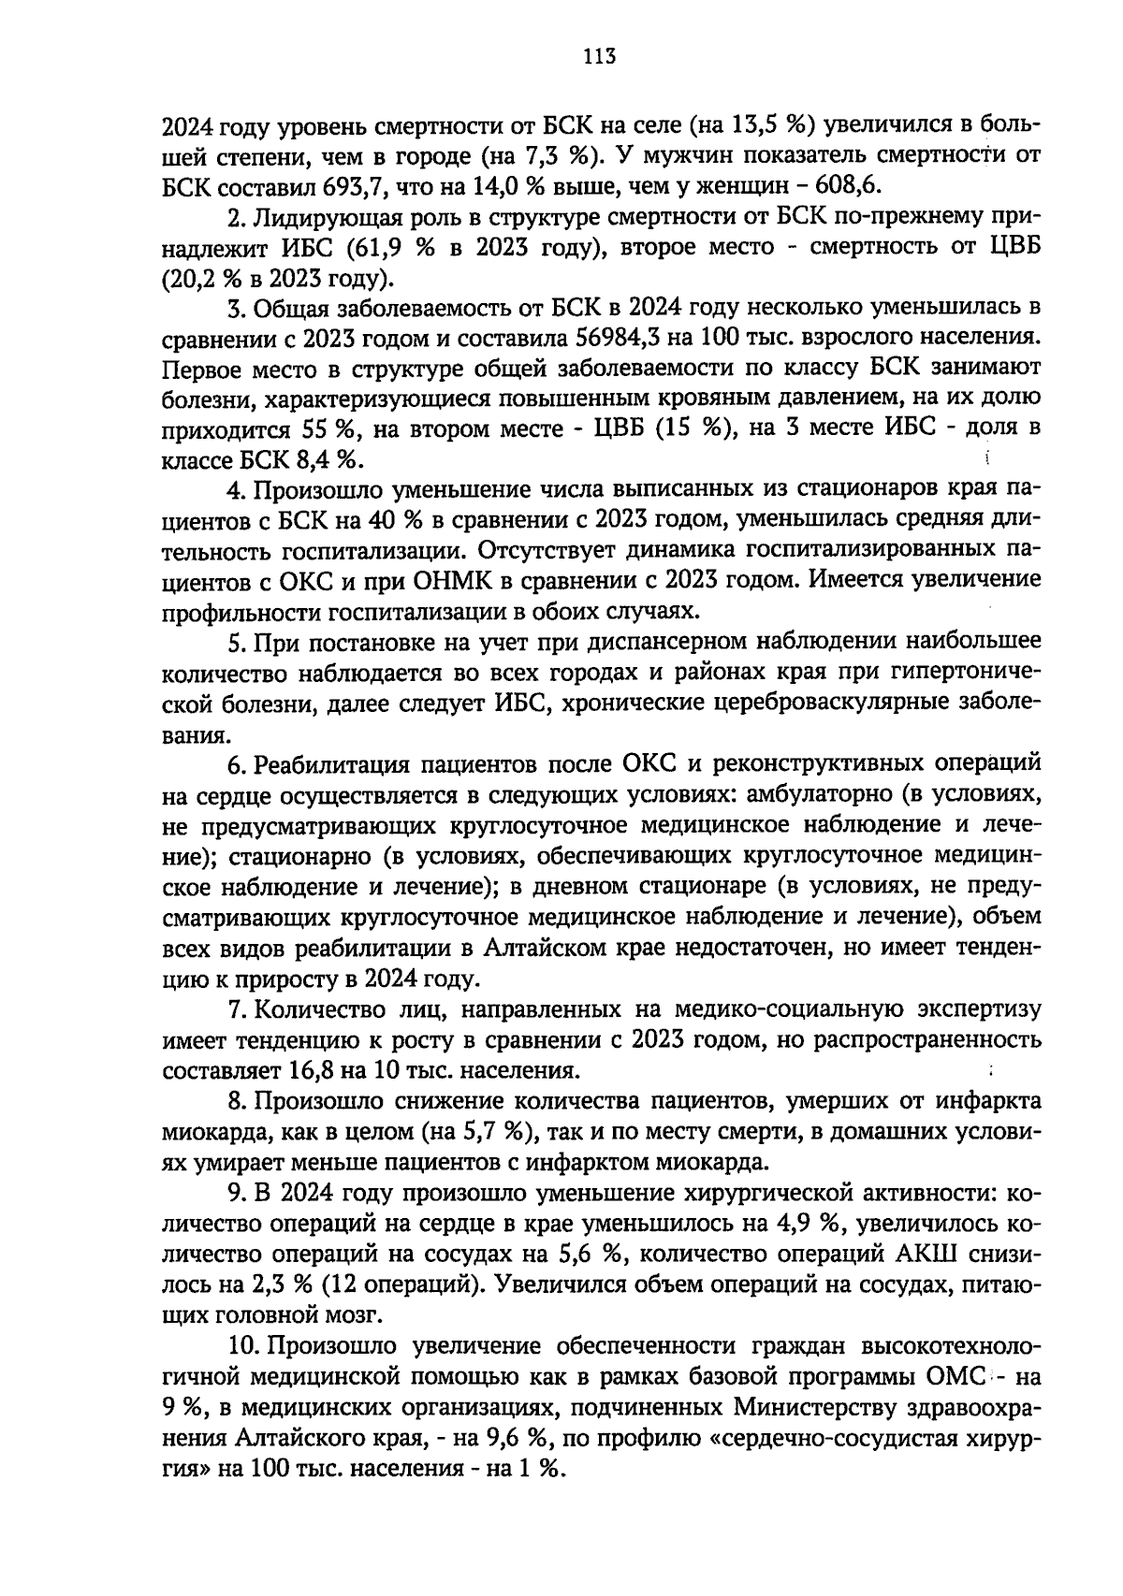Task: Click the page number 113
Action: (x=598, y=56)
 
